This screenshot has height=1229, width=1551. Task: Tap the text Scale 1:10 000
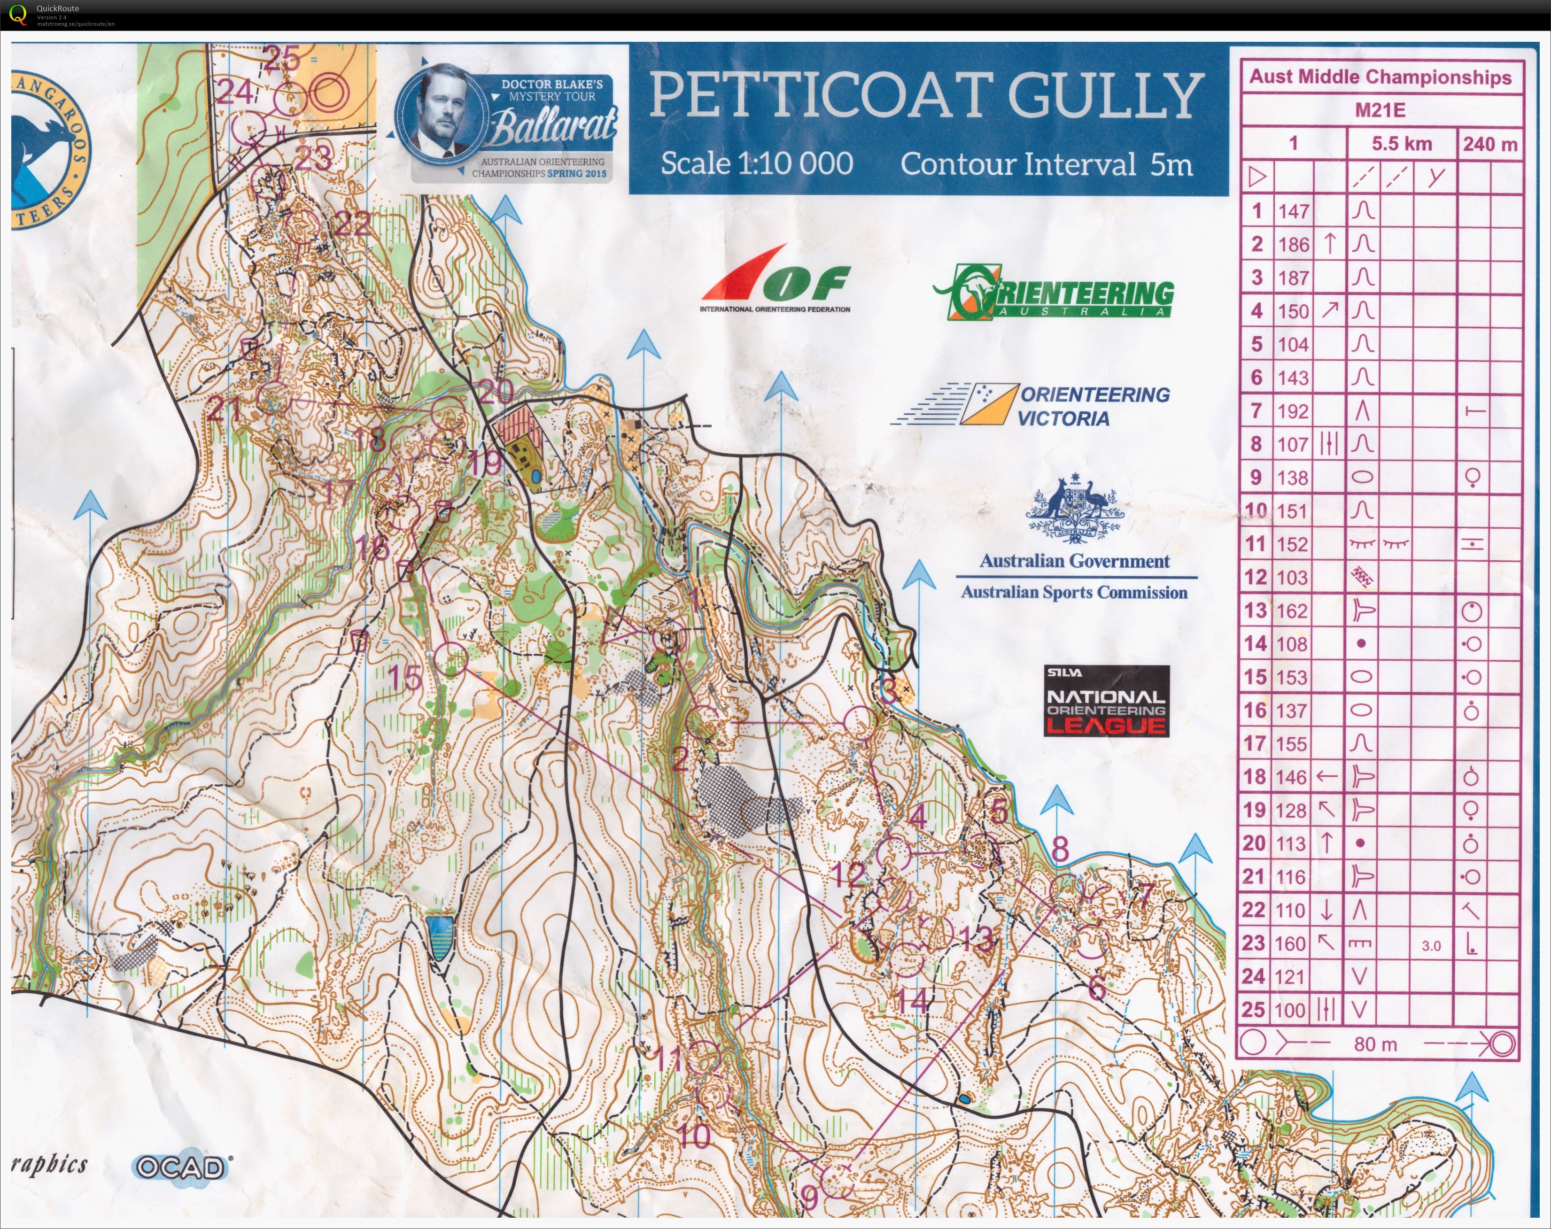point(757,163)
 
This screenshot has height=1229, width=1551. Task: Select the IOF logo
point(775,280)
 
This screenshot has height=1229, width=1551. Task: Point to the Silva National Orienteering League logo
point(1106,701)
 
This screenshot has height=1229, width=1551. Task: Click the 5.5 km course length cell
point(1401,144)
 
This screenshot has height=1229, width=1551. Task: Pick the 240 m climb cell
point(1489,144)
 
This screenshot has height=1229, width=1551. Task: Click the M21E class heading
point(1380,110)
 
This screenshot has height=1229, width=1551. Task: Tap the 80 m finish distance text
point(1375,1044)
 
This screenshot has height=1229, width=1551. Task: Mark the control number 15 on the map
point(404,677)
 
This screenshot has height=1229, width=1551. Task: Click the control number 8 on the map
point(1060,849)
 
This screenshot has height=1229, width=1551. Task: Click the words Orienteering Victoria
point(1093,406)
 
